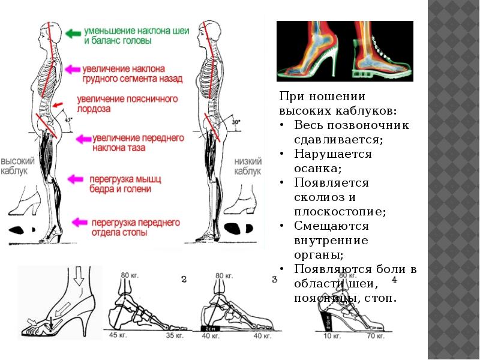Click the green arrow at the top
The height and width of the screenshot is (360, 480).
(x=74, y=34)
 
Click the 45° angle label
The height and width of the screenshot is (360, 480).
(x=68, y=119)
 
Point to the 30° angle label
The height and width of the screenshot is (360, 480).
(x=236, y=122)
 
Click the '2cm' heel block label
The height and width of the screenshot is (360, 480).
(x=210, y=328)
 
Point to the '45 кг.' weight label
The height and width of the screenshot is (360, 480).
(x=118, y=336)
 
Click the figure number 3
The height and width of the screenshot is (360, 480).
(x=274, y=279)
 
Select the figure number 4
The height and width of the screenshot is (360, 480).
(x=394, y=280)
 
